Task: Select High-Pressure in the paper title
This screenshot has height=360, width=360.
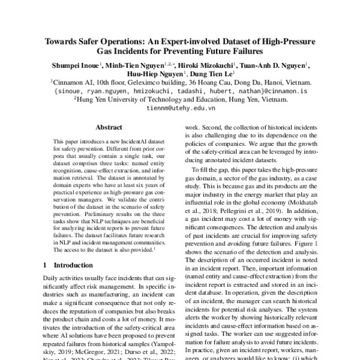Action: click(289, 43)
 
